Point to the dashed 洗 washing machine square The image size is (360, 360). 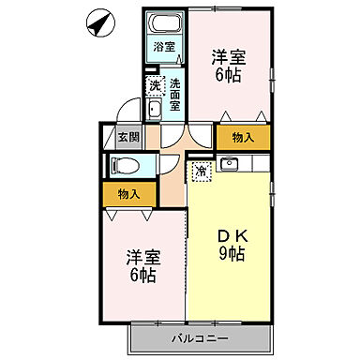pos(156,85)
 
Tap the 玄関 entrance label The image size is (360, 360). pos(127,137)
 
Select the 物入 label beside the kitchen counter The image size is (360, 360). pos(242,137)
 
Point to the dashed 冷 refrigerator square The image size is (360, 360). pos(202,171)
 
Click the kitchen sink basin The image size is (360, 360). pos(232,166)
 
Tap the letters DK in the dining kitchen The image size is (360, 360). pos(232,234)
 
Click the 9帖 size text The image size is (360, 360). pos(232,254)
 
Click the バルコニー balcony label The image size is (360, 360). pos(199,337)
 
